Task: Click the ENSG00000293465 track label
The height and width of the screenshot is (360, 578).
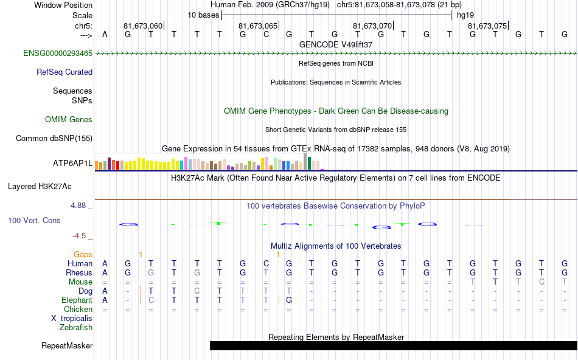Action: pos(58,54)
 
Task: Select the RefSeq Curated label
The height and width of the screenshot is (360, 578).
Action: pos(64,72)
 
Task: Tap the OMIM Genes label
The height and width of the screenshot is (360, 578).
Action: pos(69,120)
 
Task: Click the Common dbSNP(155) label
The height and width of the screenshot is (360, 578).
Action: pos(54,139)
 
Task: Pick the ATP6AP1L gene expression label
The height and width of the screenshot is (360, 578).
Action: pos(72,164)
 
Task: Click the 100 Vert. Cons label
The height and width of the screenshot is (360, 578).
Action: pos(34,220)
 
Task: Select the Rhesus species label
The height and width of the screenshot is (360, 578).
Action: pos(78,273)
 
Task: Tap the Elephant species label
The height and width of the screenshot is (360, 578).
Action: pos(77,300)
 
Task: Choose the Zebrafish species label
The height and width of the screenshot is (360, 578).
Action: pos(76,328)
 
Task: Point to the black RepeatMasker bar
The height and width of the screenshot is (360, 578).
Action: pos(393,346)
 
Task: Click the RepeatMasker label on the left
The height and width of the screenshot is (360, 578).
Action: pos(67,346)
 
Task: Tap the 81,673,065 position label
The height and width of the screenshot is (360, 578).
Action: pos(258,26)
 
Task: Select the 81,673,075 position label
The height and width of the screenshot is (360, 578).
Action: pos(487,26)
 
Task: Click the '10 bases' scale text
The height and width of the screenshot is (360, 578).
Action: pos(203,15)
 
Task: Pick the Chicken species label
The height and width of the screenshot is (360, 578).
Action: pos(78,310)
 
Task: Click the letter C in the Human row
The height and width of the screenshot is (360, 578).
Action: pos(266,264)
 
